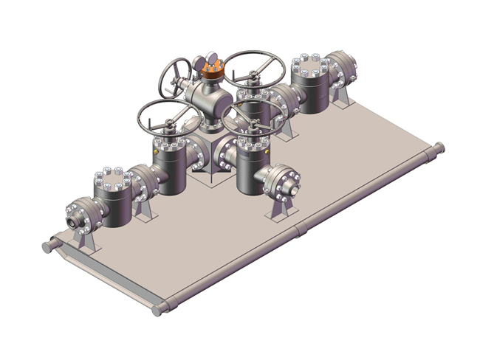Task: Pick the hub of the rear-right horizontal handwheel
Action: (x=254, y=72)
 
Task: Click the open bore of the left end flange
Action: (x=72, y=221)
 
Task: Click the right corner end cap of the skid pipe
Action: (x=441, y=147)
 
